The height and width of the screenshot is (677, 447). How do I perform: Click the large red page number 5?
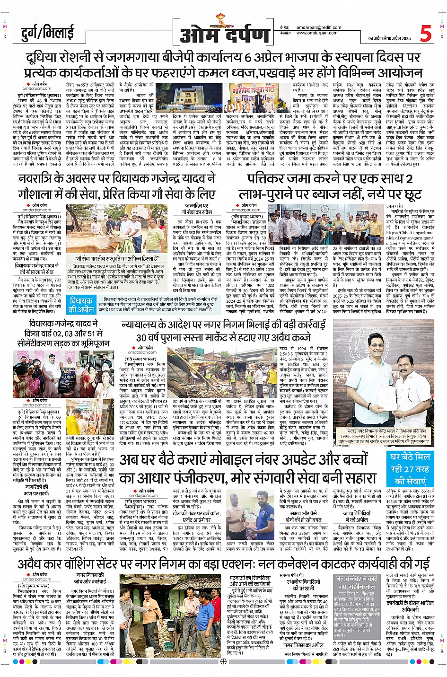click(x=425, y=34)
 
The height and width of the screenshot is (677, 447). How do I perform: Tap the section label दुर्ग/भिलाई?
click(x=48, y=33)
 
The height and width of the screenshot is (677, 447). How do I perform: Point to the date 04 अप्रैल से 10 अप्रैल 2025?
click(x=390, y=39)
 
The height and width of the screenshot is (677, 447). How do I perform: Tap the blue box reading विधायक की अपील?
click(x=81, y=305)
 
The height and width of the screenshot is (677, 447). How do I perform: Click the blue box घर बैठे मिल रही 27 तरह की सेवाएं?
click(x=410, y=468)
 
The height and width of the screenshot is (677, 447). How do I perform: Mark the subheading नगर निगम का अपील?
click(x=304, y=645)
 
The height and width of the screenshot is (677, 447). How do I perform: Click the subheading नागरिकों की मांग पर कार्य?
click(x=36, y=490)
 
